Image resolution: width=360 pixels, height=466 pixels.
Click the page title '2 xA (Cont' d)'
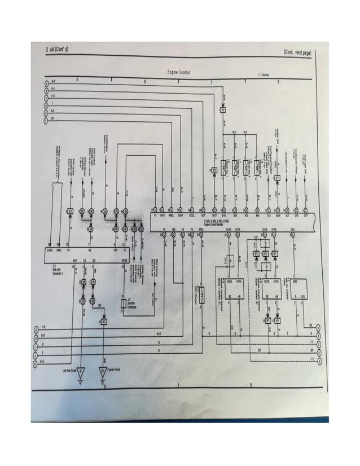58,50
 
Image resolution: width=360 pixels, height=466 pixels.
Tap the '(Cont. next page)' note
297,52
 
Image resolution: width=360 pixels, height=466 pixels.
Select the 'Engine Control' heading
178,73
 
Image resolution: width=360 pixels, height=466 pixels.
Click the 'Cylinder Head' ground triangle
102,372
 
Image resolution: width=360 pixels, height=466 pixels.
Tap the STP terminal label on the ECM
305,216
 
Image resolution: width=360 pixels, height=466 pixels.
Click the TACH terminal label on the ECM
163,216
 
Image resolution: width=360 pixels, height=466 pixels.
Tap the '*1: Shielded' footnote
262,74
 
